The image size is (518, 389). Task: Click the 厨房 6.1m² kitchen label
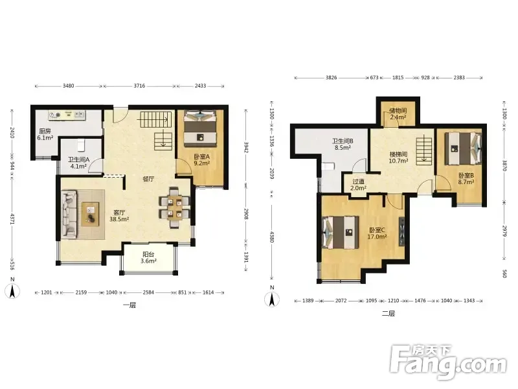45,135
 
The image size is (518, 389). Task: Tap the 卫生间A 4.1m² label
78,163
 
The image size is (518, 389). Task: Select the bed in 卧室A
200,128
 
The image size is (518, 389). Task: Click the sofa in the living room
69,215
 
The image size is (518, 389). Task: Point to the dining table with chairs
174,207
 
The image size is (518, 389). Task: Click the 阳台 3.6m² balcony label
148,257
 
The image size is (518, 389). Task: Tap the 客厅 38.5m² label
119,216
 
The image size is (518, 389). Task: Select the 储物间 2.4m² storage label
398,114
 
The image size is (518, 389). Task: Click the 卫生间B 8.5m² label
343,144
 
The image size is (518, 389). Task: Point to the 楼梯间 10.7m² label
398,158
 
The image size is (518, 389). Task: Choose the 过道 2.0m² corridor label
358,185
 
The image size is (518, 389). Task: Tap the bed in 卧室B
463,148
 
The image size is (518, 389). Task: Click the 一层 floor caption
129,305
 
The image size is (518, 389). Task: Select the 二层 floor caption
388,313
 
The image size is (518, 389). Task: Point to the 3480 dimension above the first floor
69,86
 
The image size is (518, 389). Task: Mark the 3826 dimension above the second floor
331,77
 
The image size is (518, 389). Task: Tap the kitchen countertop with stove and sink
67,115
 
